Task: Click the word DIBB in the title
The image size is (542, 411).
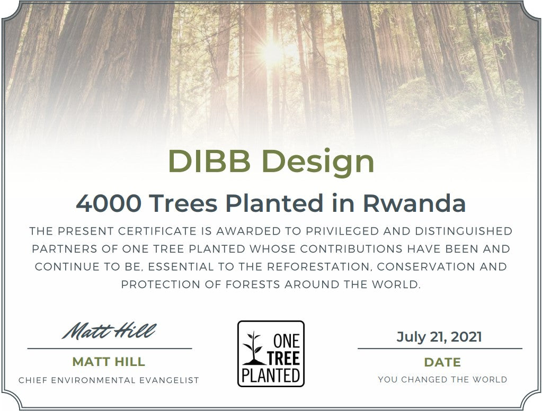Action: [209, 161]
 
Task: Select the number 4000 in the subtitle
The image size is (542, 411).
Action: [109, 203]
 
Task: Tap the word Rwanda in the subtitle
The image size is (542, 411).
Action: [414, 203]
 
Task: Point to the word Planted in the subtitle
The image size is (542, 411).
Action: [274, 203]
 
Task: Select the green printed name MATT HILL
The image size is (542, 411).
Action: [109, 362]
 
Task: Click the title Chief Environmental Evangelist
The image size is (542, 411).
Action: [109, 381]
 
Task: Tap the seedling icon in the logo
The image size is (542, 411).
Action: [254, 349]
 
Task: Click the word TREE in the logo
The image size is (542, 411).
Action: [283, 359]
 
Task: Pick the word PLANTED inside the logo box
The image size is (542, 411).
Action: [271, 376]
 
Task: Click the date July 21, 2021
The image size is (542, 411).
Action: [439, 337]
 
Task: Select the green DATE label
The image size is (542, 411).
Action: [442, 362]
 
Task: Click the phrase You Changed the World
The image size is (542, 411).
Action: [442, 380]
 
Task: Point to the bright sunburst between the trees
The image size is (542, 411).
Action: [273, 52]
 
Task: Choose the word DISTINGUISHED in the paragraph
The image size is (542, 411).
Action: [464, 231]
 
